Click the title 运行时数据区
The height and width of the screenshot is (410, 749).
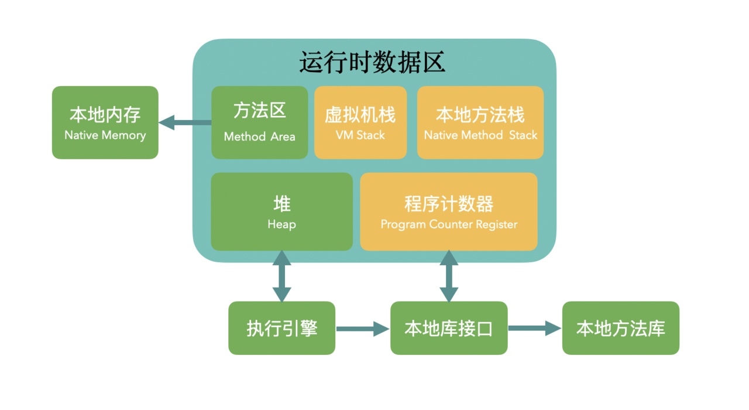373,62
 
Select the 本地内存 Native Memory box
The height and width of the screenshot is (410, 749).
105,122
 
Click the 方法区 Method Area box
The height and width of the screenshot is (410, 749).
259,122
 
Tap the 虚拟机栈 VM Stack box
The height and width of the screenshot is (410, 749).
360,122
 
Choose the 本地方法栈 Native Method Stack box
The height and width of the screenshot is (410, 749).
480,122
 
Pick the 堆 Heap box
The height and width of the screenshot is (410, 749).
281,211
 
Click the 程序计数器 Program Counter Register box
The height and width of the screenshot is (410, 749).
449,211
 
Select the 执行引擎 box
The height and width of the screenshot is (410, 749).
281,328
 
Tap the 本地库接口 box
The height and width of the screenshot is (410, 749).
449,328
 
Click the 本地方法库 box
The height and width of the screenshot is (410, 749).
621,328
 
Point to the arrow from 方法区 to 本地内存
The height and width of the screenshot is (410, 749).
185,122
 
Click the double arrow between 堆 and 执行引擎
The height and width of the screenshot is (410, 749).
282,276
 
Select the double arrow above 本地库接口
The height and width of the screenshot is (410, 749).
449,276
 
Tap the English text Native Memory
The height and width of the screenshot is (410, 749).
105,135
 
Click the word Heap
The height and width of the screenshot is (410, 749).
281,224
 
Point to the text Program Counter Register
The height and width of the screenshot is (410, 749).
449,224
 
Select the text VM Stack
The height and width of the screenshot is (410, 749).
360,135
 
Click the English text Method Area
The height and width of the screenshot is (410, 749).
259,136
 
